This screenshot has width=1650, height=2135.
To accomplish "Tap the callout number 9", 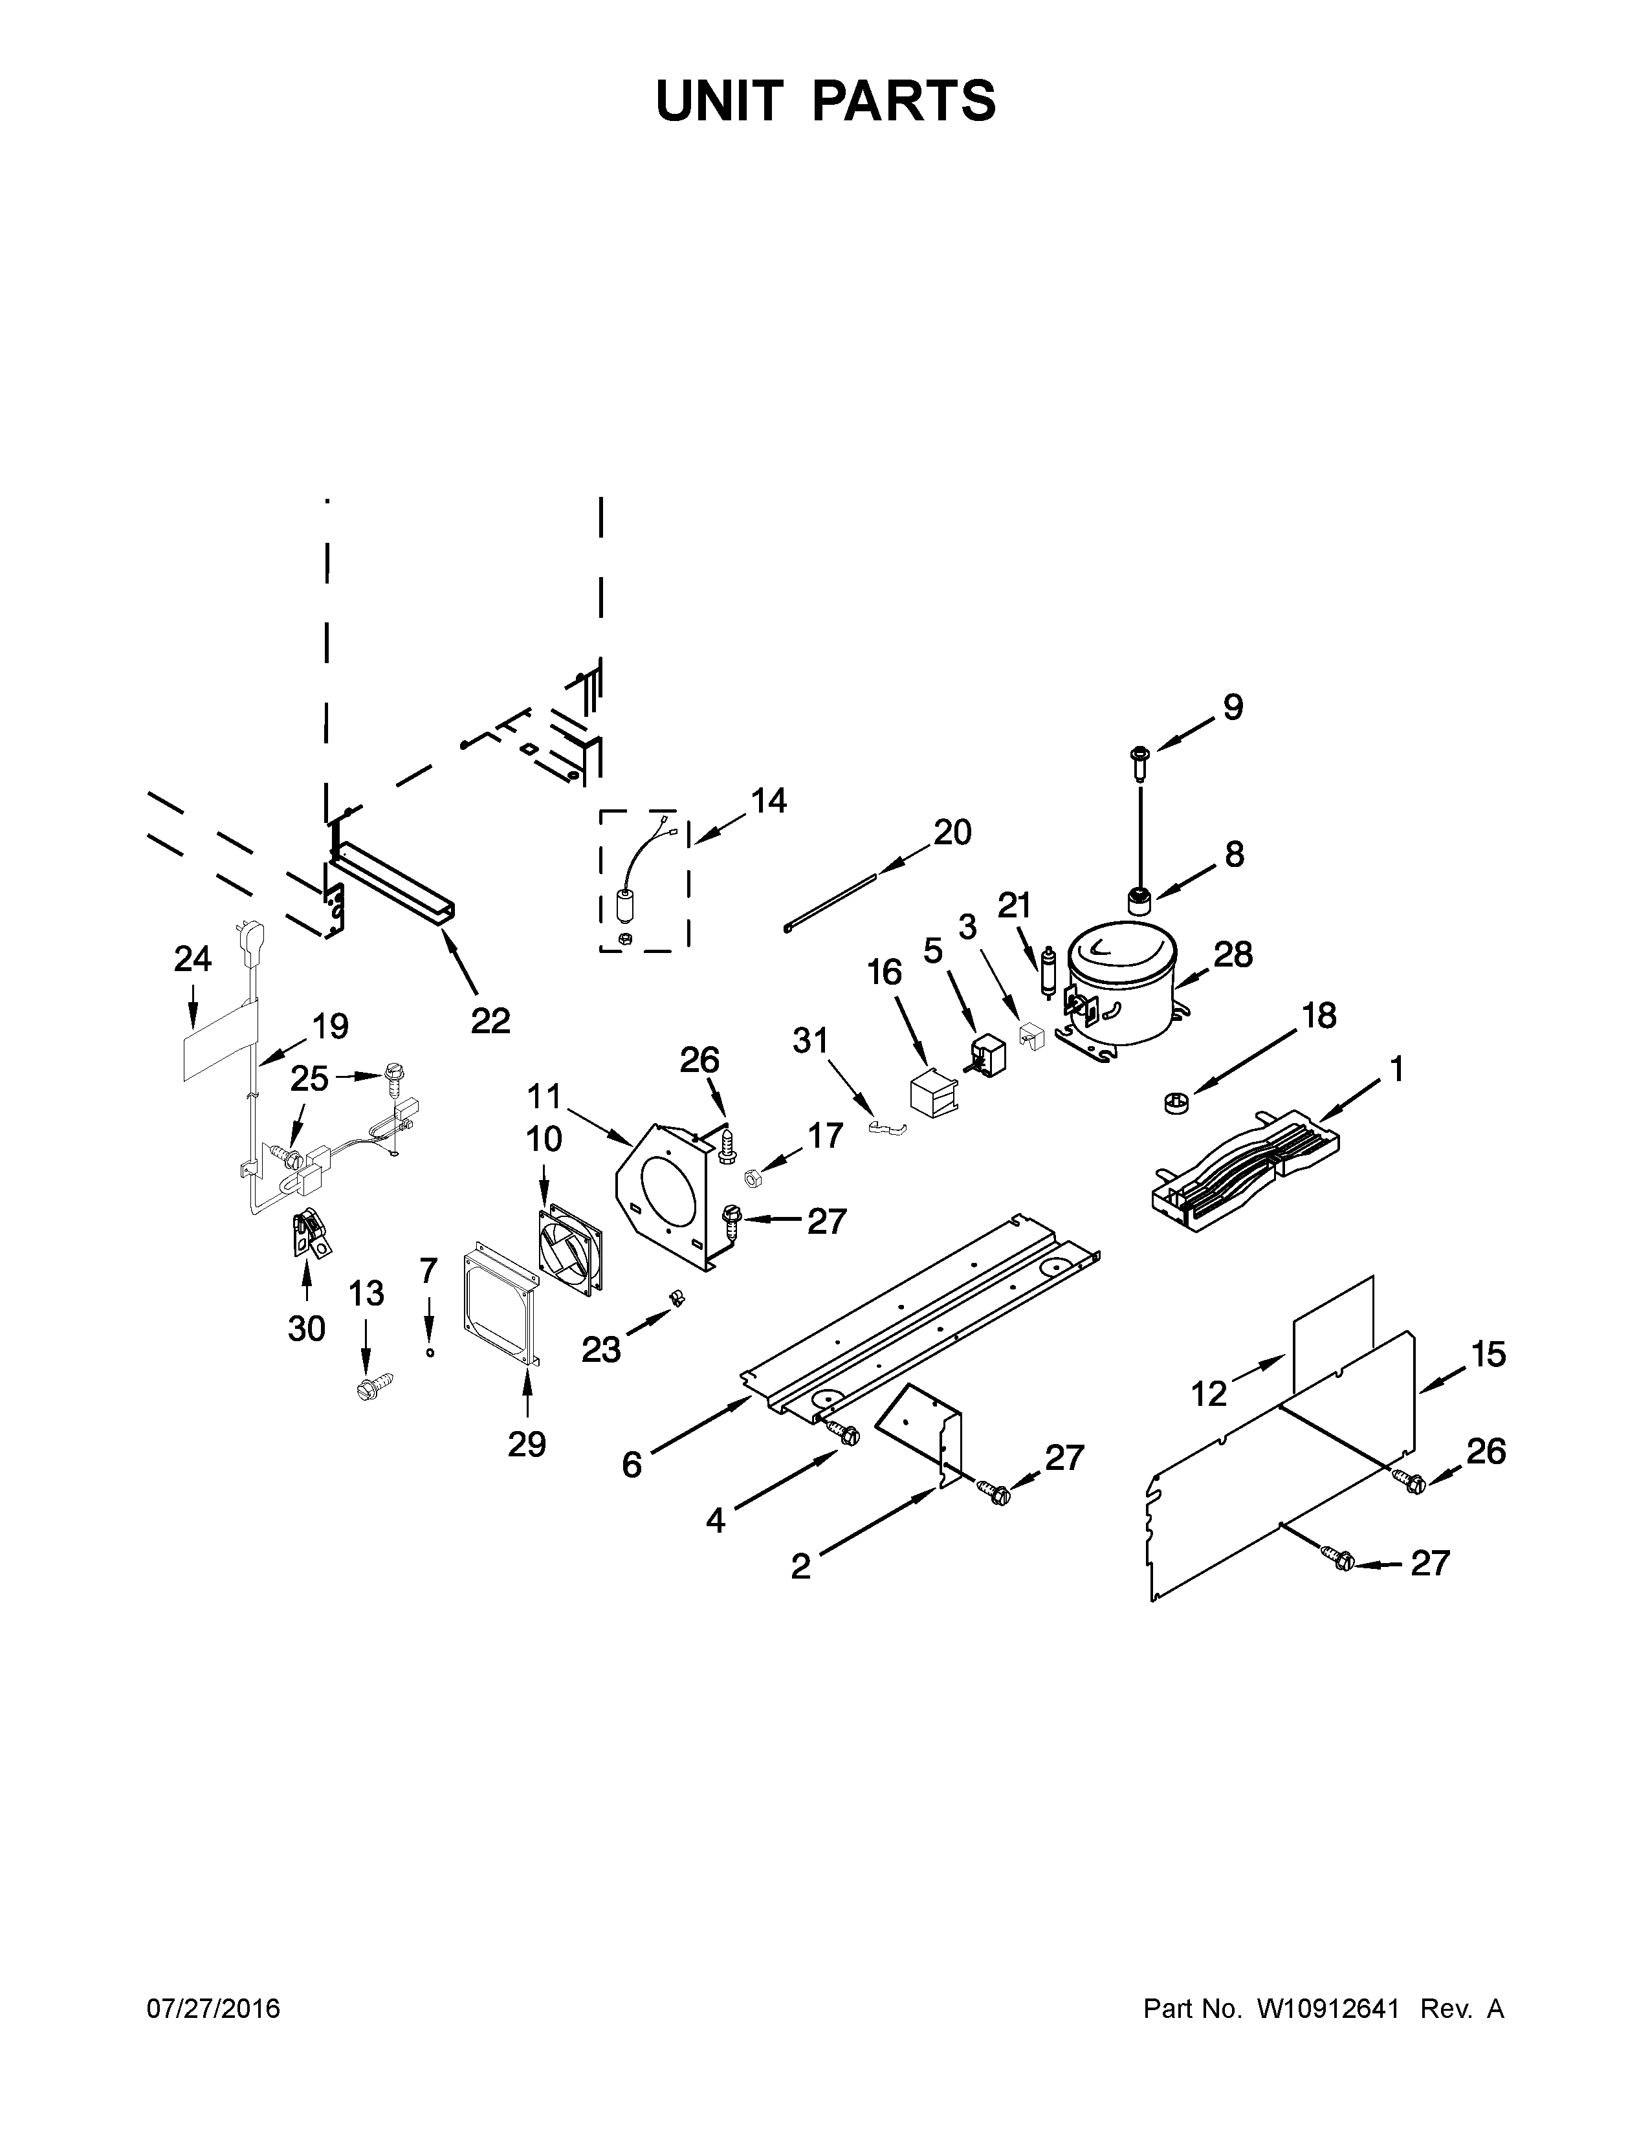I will [x=1233, y=706].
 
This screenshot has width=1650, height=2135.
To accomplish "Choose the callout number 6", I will [x=632, y=1464].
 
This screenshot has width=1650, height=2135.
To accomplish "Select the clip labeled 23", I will [x=674, y=1298].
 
